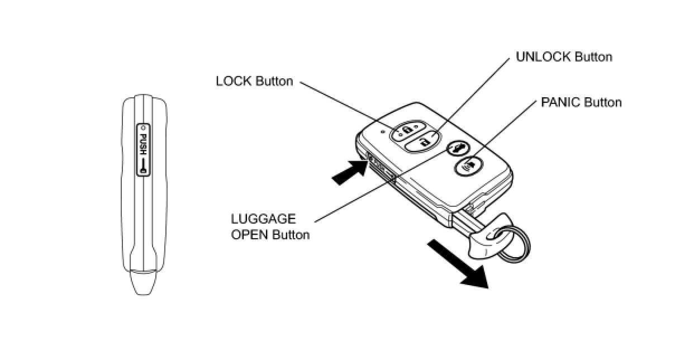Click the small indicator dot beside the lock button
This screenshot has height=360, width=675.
point(383,132)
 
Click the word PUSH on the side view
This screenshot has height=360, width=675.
point(142,144)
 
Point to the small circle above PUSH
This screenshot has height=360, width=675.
point(142,128)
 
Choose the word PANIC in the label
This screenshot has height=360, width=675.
point(560,102)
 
